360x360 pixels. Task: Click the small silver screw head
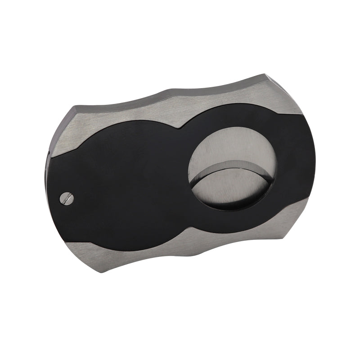coord(66,197)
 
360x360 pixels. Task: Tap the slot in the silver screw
coord(66,197)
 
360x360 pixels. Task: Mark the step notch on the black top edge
coord(180,129)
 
